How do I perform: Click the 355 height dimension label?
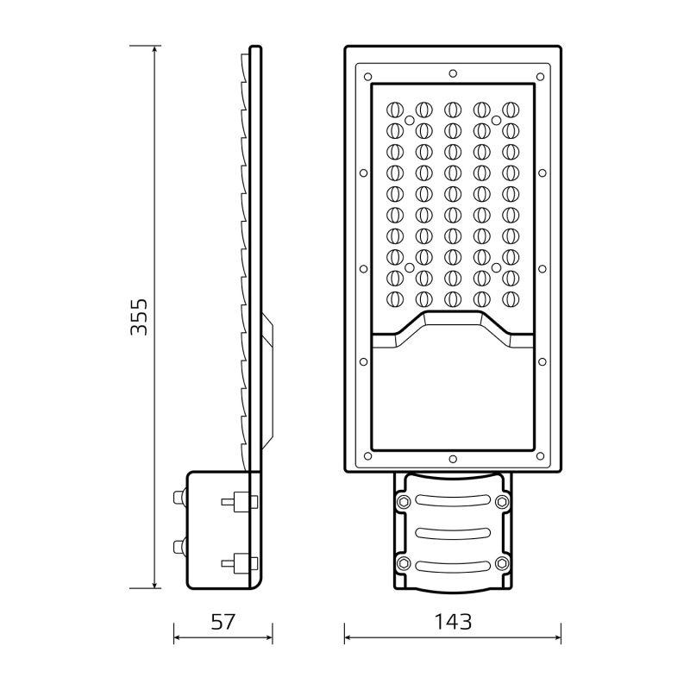point(139,317)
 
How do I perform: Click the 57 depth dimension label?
point(223,622)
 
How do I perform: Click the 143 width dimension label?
point(453,622)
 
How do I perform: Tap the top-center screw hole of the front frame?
point(453,73)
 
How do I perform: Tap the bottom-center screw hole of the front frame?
point(453,460)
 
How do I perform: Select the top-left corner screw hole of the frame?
point(368,77)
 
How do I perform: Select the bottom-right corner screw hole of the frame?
point(541,456)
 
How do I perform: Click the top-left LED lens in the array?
point(395,110)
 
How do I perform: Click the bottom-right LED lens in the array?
point(511,299)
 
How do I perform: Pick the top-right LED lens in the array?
point(511,110)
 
